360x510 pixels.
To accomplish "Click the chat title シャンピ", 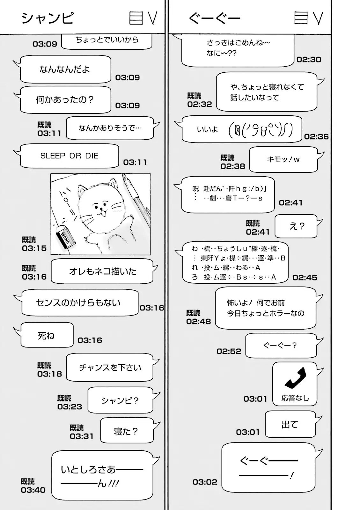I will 47,18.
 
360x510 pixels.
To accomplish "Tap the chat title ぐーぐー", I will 214,18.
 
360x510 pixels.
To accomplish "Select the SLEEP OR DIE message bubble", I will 69,156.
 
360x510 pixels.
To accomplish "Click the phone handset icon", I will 295,378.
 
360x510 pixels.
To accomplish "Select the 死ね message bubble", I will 47,335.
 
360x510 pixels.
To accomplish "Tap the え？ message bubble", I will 296,226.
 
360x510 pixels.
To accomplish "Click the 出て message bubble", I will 290,425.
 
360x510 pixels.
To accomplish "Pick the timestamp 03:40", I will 33,490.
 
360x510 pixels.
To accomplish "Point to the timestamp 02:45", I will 305,278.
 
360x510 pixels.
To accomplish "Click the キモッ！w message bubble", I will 283,159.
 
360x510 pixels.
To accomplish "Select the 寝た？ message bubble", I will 126,431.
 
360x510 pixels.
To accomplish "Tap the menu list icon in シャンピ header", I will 136,18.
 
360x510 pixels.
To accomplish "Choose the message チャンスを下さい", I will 110,368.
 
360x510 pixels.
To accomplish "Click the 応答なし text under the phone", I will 295,398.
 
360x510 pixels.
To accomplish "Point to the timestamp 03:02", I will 205,482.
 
